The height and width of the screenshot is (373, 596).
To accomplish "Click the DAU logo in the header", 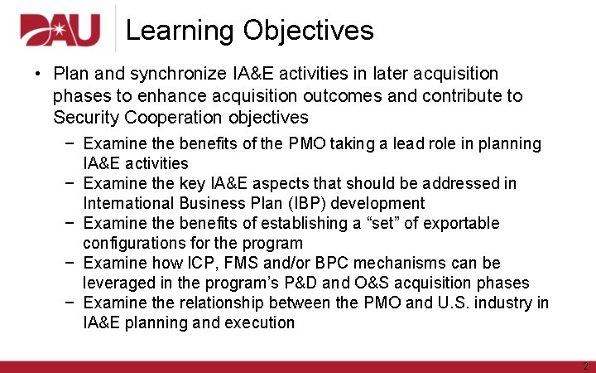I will [x=60, y=31].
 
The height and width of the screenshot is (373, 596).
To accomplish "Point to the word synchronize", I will [x=166, y=75].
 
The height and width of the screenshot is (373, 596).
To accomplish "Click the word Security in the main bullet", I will [x=85, y=118].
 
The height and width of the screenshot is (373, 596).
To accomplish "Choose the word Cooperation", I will [x=172, y=118].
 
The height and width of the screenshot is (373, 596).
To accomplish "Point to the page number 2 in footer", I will [x=584, y=366].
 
